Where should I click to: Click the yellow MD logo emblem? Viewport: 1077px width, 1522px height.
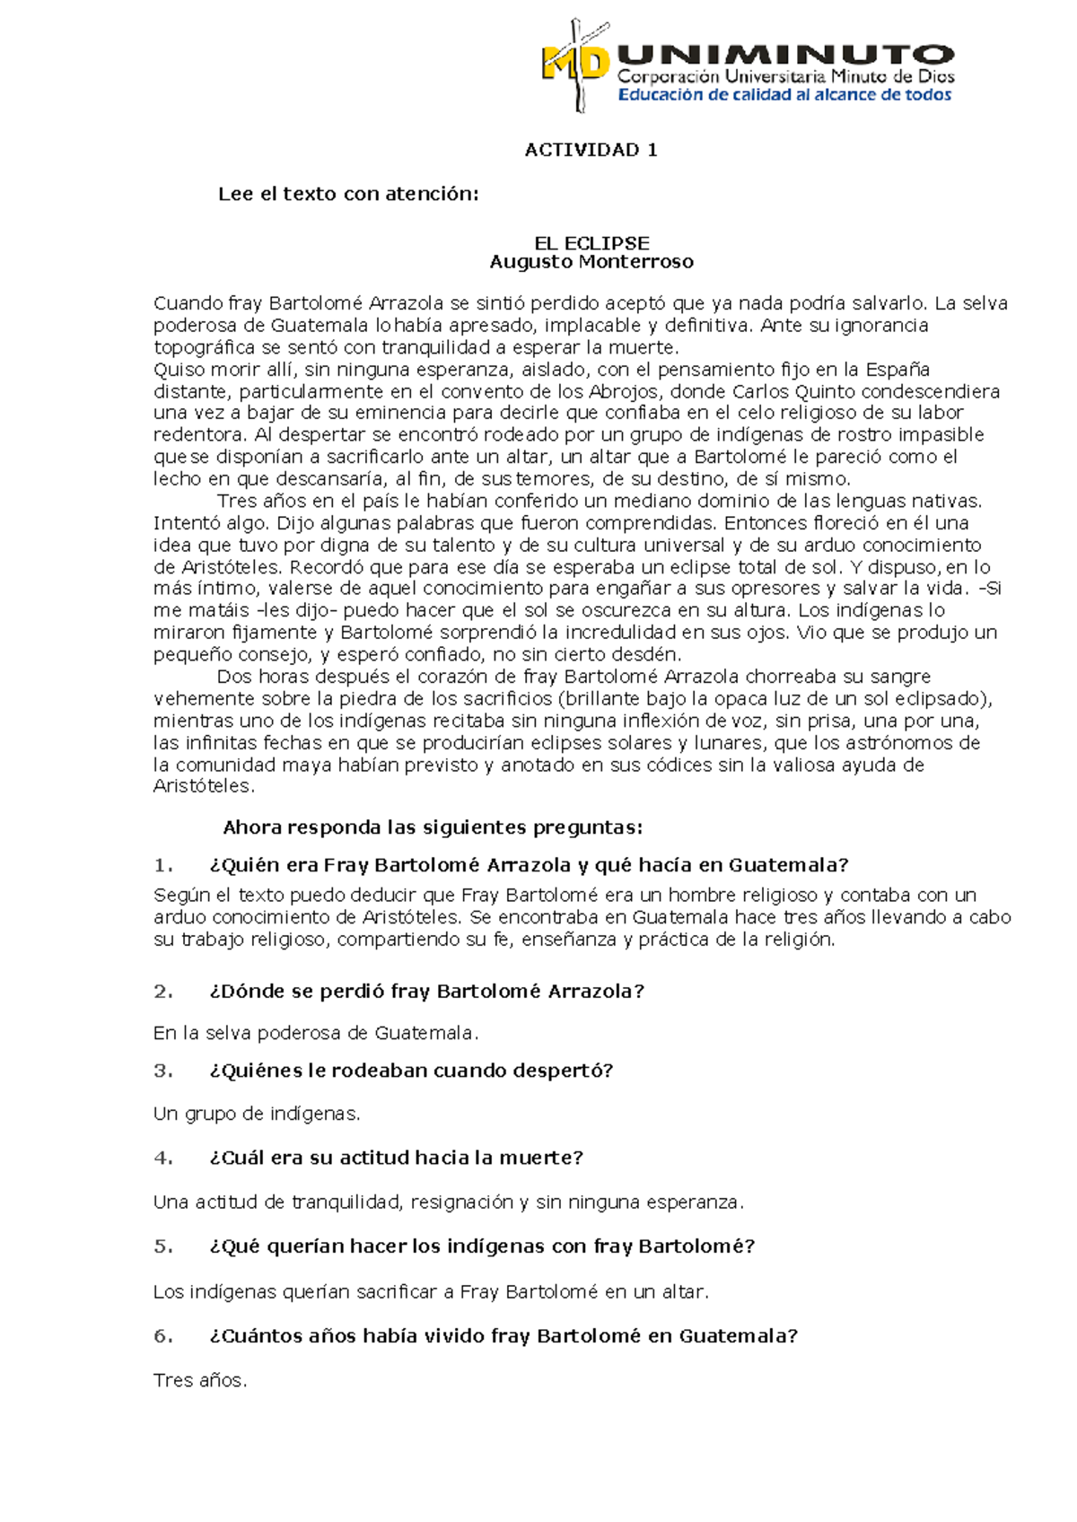point(574,65)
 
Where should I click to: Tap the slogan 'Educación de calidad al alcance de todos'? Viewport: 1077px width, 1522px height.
point(784,95)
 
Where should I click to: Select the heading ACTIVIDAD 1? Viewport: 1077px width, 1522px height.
point(591,150)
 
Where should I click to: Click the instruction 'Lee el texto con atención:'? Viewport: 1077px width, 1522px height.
point(348,194)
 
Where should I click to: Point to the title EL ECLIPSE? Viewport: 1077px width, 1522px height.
point(591,243)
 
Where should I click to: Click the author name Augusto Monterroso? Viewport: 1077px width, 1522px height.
point(591,262)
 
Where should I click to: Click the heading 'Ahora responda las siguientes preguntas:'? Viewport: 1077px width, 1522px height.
point(433,827)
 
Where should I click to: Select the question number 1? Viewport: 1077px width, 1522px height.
point(162,866)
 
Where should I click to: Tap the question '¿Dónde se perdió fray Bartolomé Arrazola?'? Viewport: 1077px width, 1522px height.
point(426,992)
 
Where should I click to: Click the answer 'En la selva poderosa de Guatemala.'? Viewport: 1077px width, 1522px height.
point(316,1034)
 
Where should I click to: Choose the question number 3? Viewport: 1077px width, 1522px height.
point(162,1071)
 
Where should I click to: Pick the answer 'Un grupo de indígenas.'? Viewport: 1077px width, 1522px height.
point(257,1115)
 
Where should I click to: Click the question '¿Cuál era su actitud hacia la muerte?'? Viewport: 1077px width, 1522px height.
point(396,1159)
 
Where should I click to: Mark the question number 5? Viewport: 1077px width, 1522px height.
point(162,1246)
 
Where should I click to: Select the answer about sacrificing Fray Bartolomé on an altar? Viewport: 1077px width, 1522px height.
point(431,1292)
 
